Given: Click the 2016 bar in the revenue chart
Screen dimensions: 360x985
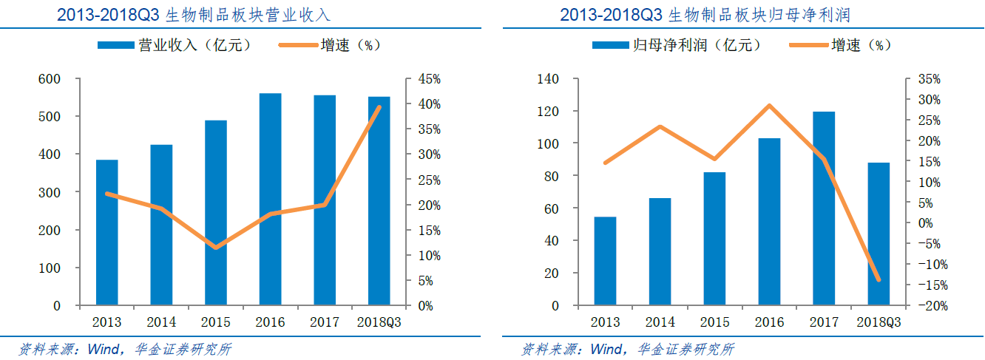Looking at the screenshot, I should coord(270,199).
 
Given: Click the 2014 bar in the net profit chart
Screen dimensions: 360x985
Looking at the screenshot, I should coord(660,251).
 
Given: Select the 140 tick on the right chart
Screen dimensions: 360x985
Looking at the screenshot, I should coord(560,79).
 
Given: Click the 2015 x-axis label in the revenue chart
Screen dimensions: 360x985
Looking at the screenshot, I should coord(216,323).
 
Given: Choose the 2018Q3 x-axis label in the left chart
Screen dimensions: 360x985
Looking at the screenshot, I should coord(379,323).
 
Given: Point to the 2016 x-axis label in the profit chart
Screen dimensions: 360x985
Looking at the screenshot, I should coord(769,323).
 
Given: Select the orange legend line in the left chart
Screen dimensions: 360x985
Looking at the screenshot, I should coord(298,45).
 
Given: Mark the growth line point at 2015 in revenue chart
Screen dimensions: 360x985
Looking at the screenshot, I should coord(216,247).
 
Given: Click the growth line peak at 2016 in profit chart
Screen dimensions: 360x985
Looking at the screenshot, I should coord(769,106).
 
